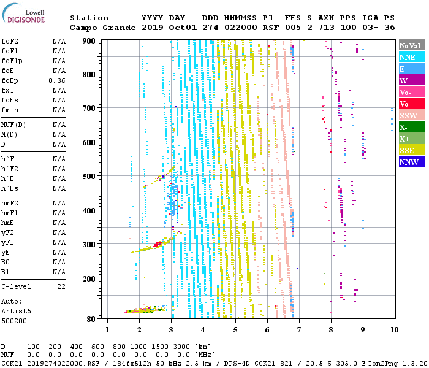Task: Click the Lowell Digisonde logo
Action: click(x=23, y=13)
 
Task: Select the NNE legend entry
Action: click(x=412, y=57)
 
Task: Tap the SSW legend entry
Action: click(x=412, y=115)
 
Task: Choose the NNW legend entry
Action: click(x=412, y=162)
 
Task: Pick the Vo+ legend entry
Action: click(x=412, y=104)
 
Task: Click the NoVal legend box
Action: click(x=412, y=45)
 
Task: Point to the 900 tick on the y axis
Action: click(x=89, y=41)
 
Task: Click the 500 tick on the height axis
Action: click(x=89, y=177)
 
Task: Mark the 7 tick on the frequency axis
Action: click(x=299, y=330)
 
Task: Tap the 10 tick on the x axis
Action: click(x=394, y=330)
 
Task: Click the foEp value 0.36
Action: click(x=57, y=80)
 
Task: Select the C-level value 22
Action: click(x=61, y=286)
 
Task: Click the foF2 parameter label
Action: click(x=10, y=41)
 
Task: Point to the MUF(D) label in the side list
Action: click(x=13, y=125)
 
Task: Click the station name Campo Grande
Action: click(x=102, y=28)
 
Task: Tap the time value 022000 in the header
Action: click(x=241, y=28)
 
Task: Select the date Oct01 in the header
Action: click(x=183, y=28)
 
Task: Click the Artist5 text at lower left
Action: click(x=16, y=312)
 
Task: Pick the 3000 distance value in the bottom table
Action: click(x=181, y=347)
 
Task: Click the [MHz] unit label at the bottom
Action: click(x=205, y=355)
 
